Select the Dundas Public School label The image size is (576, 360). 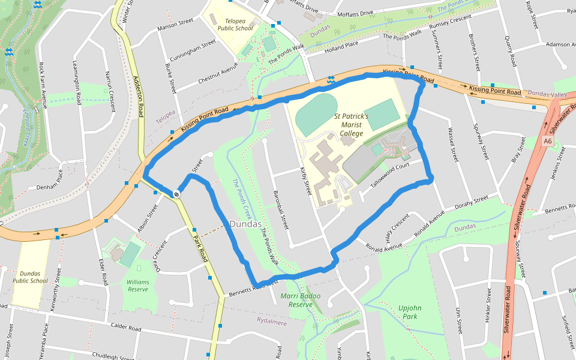pos(30,277)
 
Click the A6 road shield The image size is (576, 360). pos(547,141)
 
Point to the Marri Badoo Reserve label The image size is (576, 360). pos(300,300)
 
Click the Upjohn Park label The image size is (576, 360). pos(410,312)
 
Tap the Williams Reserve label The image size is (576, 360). pos(138,285)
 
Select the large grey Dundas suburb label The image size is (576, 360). pos(245,224)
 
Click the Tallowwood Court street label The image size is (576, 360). pos(394,175)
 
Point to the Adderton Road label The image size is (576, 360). pos(140,99)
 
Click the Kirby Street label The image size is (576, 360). pos(306,181)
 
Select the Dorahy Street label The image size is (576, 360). pos(472,202)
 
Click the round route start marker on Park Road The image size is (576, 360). pos(177,193)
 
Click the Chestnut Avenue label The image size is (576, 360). pos(218,74)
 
